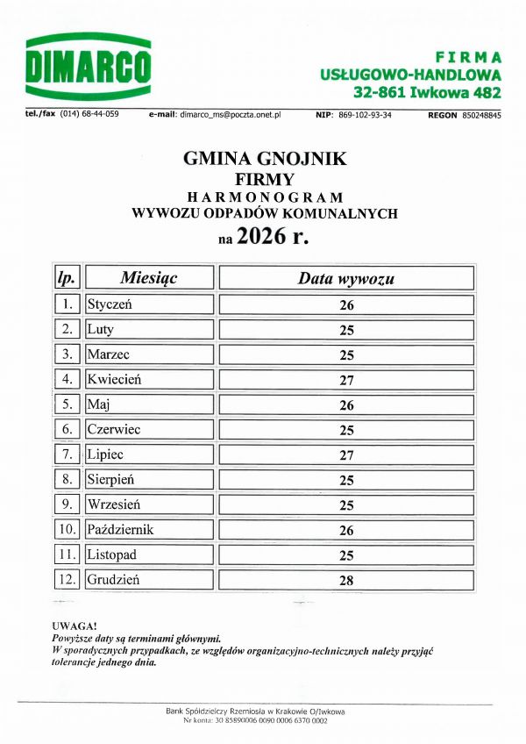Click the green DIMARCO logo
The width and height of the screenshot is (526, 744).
(x=89, y=67)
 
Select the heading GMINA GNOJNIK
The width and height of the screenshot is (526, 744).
(x=265, y=159)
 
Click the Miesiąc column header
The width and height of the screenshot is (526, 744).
(x=149, y=278)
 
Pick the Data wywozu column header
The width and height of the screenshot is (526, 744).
(x=345, y=279)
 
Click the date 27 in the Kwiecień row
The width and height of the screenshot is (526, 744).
(x=345, y=381)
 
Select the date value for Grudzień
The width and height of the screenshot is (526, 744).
(x=345, y=581)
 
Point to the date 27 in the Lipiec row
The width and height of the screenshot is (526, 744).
(x=345, y=455)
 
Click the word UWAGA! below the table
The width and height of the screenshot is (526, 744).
(x=73, y=625)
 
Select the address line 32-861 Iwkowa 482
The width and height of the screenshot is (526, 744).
(x=427, y=91)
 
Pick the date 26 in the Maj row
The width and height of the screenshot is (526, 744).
(x=345, y=405)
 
